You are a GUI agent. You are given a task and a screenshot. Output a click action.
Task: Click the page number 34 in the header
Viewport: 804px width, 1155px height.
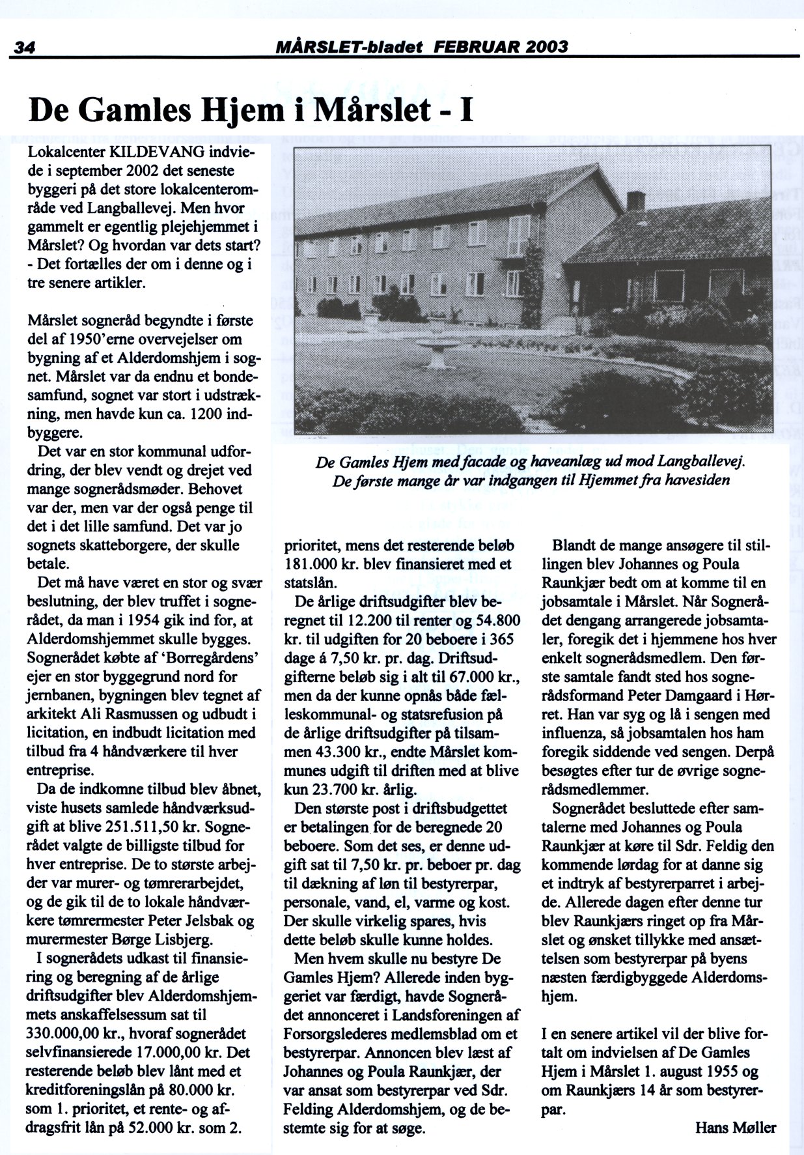tap(24, 48)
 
